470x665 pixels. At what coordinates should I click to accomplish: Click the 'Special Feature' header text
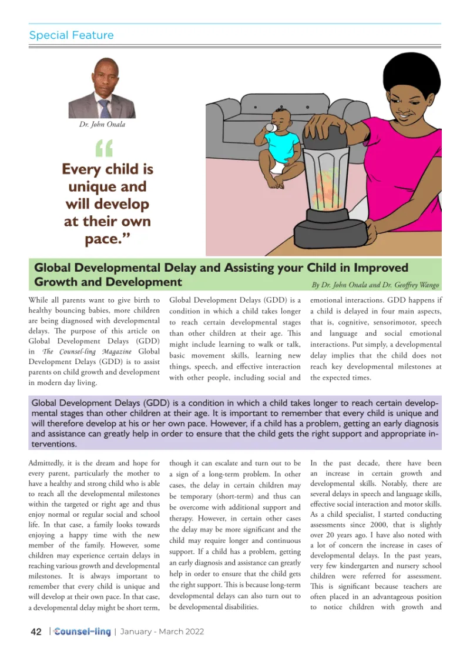click(72, 35)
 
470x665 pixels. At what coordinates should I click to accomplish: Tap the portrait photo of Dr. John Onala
click(102, 89)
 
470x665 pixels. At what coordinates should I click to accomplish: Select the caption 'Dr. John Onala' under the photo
click(102, 124)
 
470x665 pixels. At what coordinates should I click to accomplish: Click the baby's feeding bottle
click(271, 128)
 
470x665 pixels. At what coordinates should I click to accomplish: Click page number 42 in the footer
click(36, 631)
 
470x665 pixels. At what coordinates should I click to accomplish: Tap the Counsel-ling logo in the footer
click(82, 631)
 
